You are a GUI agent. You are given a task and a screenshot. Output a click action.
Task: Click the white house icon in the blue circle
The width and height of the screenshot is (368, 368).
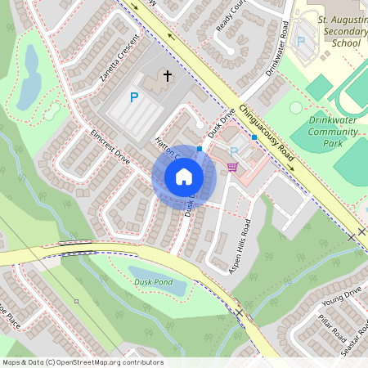tap(184, 176)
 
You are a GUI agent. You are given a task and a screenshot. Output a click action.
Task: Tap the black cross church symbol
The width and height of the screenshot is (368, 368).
tap(168, 76)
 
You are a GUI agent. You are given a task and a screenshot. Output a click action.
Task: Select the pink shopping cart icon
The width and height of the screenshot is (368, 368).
tap(232, 167)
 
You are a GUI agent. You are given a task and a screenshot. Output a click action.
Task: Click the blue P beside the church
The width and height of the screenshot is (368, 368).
tap(134, 98)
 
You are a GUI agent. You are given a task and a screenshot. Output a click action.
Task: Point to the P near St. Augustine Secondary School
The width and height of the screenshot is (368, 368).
tap(300, 41)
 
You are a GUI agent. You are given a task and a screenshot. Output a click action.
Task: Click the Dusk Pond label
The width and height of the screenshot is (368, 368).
tap(151, 283)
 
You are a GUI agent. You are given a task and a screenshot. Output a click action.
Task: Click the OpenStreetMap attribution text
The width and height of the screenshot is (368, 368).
tap(82, 362)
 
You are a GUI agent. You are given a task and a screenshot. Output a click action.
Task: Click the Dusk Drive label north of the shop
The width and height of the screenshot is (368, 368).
tap(221, 123)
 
